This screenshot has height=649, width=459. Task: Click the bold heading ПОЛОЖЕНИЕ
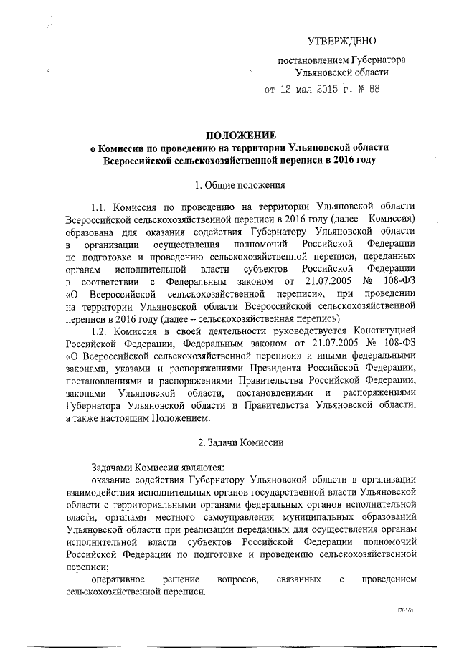(240, 135)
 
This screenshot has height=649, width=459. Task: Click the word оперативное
(119, 579)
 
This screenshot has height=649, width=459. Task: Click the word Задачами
(112, 464)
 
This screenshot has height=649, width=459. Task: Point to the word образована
(90, 232)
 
